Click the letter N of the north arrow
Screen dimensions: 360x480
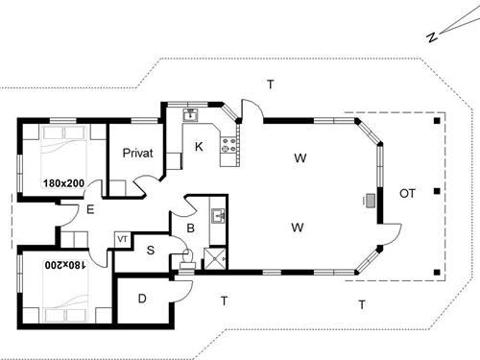tap(433, 37)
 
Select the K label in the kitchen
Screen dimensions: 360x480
tap(199, 147)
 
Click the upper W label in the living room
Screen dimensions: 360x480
tap(300, 157)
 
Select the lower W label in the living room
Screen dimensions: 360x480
tap(299, 228)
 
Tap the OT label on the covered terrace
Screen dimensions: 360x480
tap(407, 194)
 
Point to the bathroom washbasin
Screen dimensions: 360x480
tap(218, 217)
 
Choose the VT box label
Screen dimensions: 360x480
tap(122, 238)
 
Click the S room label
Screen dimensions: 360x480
tap(151, 251)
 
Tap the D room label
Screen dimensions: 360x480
tap(142, 299)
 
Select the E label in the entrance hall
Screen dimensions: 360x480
tap(89, 209)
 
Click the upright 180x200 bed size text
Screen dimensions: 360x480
tap(64, 181)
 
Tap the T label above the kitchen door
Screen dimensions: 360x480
tap(271, 84)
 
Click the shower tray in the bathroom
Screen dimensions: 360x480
tap(216, 256)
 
